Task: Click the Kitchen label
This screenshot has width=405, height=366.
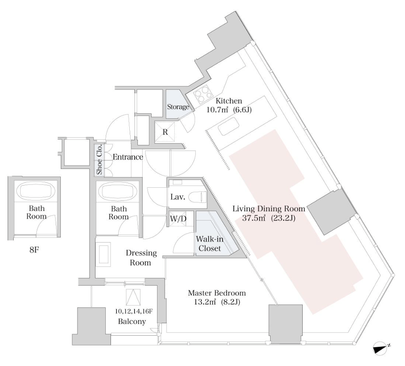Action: (x=229, y=101)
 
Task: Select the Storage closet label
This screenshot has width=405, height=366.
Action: (x=178, y=107)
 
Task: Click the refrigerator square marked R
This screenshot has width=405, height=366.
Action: (x=165, y=132)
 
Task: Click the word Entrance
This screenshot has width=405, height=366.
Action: (x=128, y=157)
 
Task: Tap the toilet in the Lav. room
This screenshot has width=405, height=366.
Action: (x=200, y=197)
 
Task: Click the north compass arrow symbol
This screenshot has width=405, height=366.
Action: (x=381, y=348)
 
